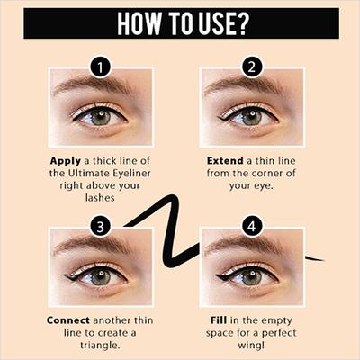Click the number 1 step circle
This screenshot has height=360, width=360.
102,67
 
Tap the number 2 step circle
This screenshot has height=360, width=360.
252,67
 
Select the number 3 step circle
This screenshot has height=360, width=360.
102,225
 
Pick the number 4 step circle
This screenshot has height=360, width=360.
252,225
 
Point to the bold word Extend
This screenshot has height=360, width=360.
220,159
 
